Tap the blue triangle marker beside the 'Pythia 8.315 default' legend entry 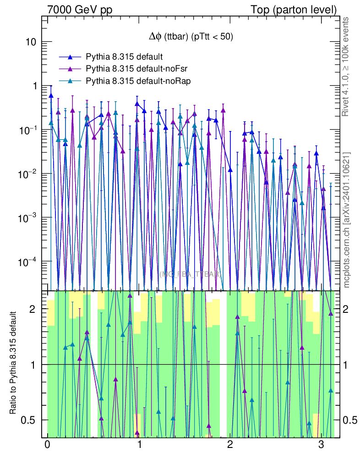[70, 57]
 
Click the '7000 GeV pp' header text [80, 9]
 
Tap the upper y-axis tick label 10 [30, 42]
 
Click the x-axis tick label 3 [321, 445]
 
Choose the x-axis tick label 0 [47, 445]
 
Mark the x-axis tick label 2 [230, 445]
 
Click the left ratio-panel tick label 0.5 [29, 420]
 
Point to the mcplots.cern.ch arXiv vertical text [346, 220]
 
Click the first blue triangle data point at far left [51, 95]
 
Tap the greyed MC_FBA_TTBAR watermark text [191, 274]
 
